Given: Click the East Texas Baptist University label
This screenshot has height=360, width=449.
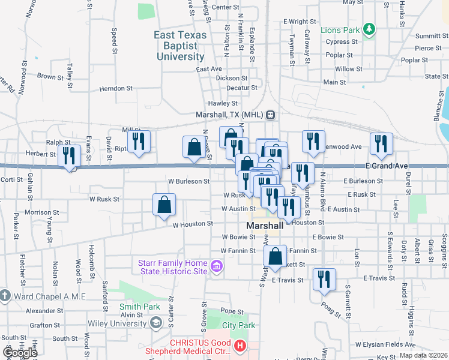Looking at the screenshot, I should (x=180, y=46).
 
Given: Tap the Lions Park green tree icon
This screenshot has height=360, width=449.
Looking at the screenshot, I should (x=371, y=29).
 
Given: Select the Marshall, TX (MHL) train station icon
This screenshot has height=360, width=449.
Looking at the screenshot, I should (x=271, y=115).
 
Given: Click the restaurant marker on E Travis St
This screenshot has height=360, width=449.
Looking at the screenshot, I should (x=324, y=279).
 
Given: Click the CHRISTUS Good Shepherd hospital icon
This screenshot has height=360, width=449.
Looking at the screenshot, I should (x=241, y=346).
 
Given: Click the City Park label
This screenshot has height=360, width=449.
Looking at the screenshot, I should (x=238, y=326).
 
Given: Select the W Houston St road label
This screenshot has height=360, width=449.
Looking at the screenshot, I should (x=193, y=224).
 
